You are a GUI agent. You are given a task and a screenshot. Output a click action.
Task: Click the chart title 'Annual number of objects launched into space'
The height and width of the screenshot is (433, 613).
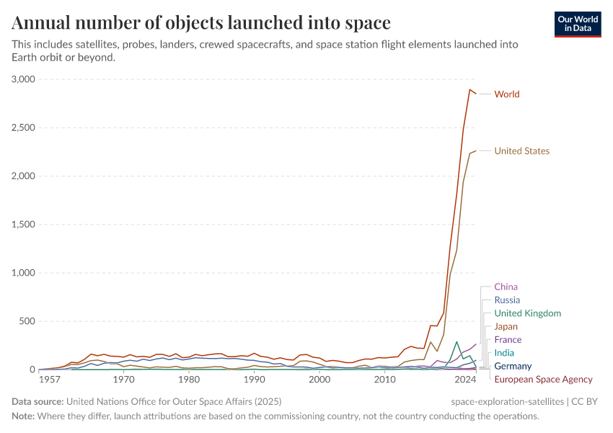click(201, 23)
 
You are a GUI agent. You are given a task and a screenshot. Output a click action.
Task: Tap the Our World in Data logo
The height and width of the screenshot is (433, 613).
click(577, 24)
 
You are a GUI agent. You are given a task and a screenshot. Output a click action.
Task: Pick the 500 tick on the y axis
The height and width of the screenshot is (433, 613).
click(27, 321)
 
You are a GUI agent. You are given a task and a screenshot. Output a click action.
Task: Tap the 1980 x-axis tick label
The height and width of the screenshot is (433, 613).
click(189, 380)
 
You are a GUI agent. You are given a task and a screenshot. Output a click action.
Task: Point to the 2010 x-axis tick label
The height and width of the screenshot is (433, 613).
click(384, 380)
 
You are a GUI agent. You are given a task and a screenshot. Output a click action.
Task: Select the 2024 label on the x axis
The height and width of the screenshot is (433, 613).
click(466, 380)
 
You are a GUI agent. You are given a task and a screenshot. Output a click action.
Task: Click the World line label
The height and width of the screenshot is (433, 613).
click(506, 95)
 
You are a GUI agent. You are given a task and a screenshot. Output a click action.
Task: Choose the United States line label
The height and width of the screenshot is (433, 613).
click(521, 152)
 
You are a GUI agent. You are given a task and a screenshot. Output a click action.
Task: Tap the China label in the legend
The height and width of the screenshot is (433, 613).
click(506, 287)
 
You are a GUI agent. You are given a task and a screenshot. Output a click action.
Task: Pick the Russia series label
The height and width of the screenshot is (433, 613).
click(507, 300)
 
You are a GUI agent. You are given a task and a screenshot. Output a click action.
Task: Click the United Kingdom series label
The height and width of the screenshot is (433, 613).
click(527, 314)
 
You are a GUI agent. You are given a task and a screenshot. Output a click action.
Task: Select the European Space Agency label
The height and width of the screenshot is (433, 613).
click(543, 380)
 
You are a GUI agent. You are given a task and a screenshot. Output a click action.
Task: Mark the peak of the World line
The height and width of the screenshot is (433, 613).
click(469, 89)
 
